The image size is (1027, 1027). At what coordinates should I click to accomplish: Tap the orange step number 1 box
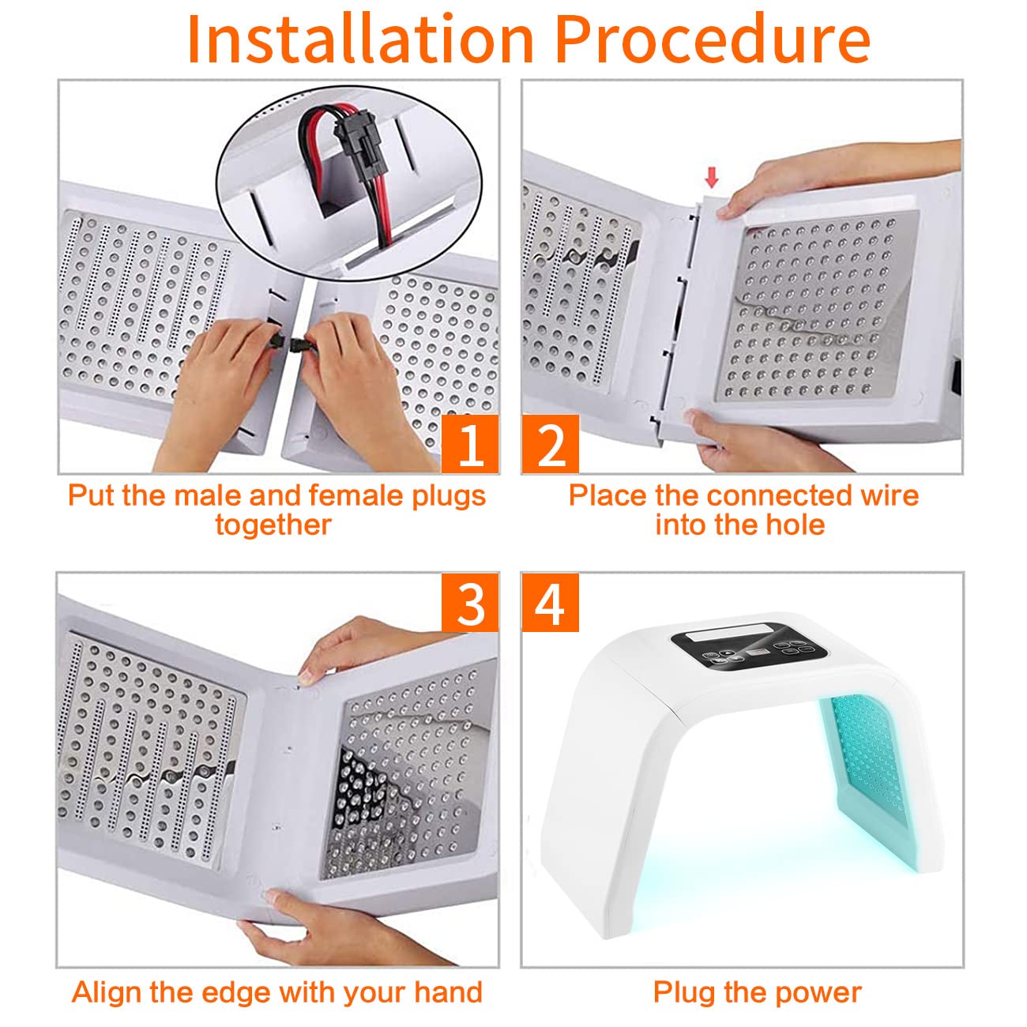coord(470,445)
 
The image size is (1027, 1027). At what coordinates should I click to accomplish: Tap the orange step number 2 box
coord(551,445)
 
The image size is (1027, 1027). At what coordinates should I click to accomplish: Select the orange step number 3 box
coord(470,604)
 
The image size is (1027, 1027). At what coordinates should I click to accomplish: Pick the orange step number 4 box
coord(551,604)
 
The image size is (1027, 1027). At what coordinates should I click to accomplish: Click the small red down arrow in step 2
coord(712,178)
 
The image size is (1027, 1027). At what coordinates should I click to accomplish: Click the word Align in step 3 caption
coord(104,992)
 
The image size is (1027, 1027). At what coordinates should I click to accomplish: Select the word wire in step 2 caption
coord(891,495)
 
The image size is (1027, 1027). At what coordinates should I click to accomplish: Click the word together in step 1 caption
coord(273,525)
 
